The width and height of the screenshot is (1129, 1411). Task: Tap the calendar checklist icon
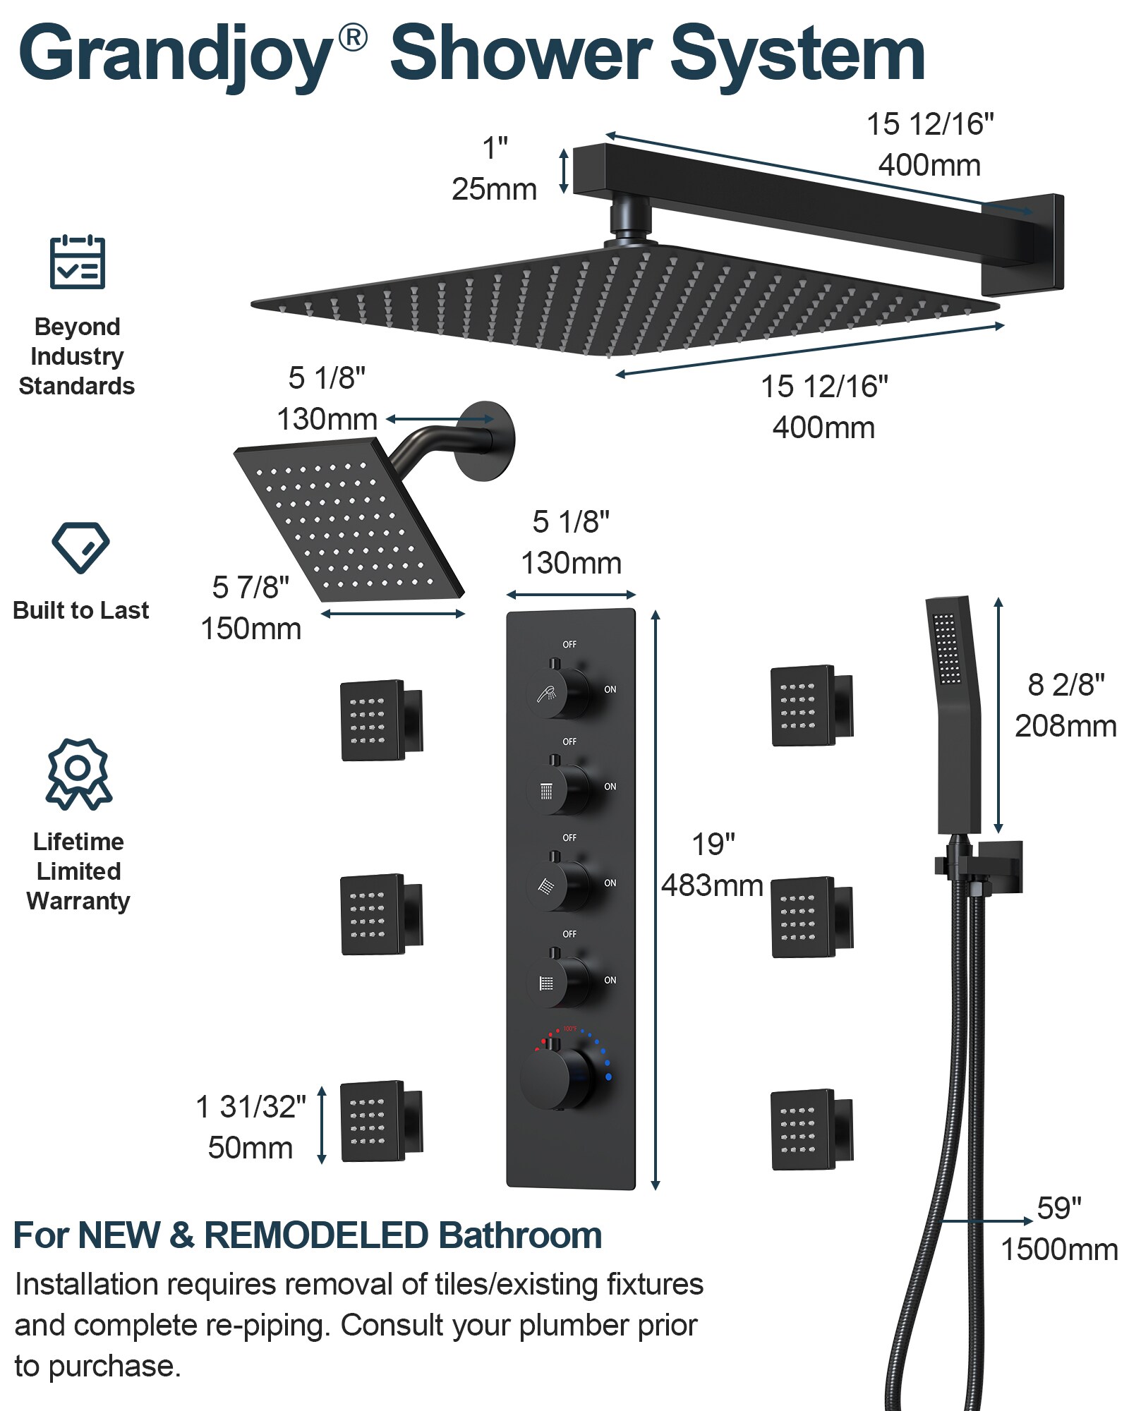click(78, 262)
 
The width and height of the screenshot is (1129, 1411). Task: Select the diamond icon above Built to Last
click(80, 547)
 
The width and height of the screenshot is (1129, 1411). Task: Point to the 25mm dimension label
click(494, 189)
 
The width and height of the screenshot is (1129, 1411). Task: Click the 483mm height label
click(712, 885)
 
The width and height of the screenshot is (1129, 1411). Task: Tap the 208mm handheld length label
click(1065, 726)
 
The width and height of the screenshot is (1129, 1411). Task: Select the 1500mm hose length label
click(1059, 1249)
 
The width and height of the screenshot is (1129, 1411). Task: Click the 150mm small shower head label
click(251, 629)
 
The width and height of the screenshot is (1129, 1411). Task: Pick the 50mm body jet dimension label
click(250, 1148)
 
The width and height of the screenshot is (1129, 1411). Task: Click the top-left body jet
click(382, 720)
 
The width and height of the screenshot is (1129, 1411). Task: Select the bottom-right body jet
click(812, 1130)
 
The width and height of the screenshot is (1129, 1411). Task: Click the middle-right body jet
click(812, 917)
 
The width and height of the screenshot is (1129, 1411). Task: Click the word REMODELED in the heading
click(316, 1236)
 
